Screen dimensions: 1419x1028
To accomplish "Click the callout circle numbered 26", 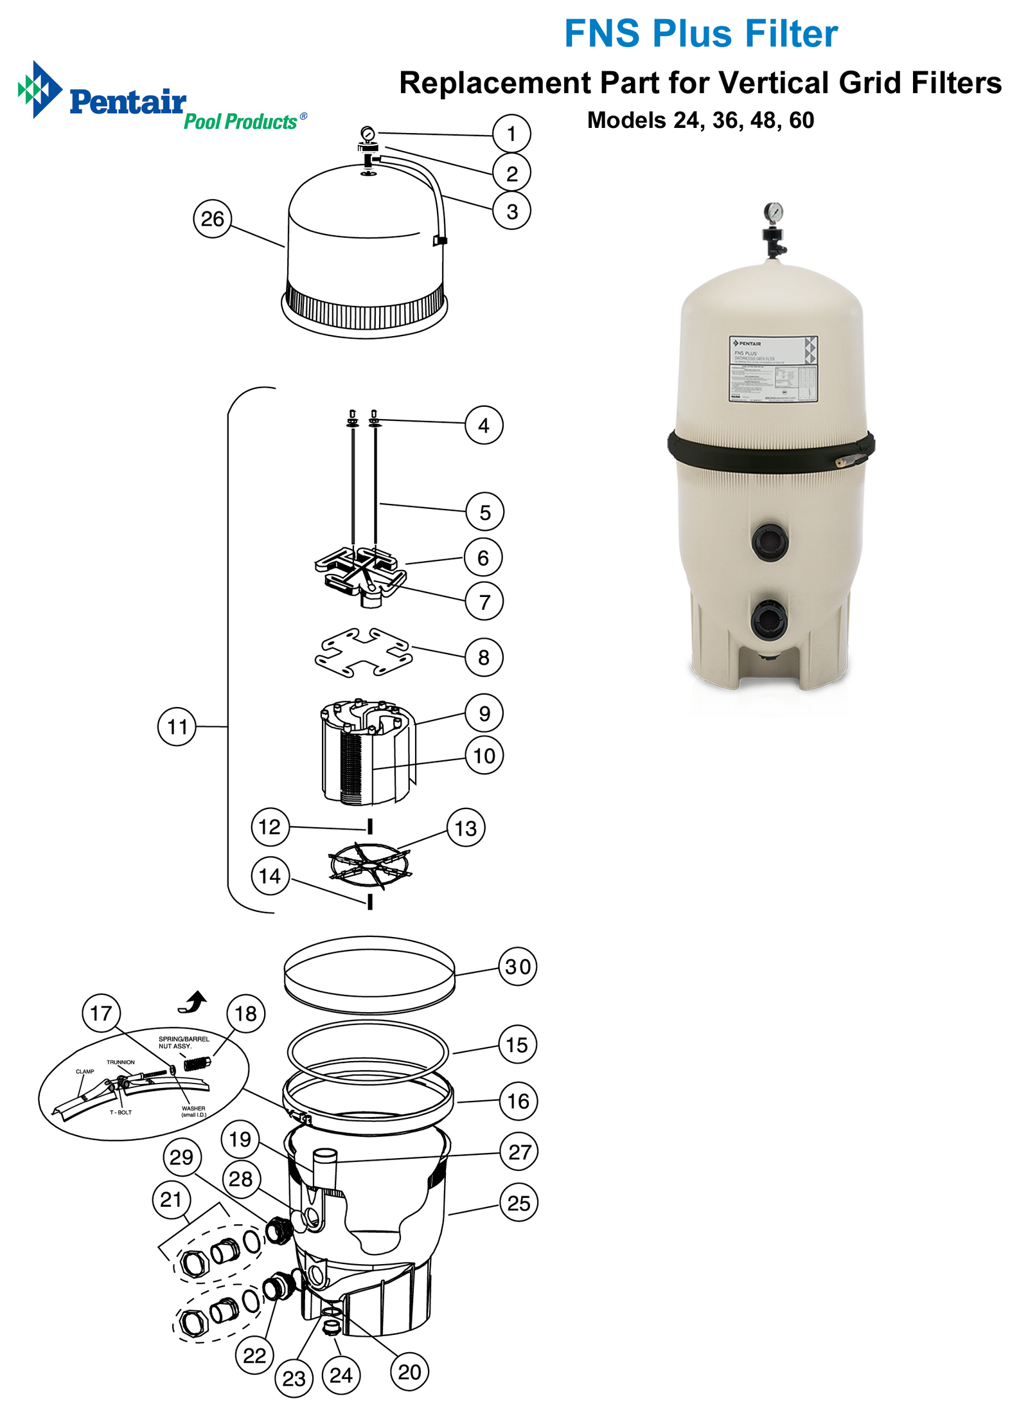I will tap(213, 219).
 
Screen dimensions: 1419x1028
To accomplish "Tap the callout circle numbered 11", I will tap(177, 726).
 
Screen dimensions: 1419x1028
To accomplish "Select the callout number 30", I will tap(518, 966).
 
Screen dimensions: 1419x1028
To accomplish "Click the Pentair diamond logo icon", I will tap(39, 89).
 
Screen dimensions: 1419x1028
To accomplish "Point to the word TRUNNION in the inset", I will tap(121, 1062).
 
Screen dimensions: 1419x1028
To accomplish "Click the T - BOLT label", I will tap(120, 1112).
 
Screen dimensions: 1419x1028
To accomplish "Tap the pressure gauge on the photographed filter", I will tap(774, 212).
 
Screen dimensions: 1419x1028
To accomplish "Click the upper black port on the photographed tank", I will tap(769, 541).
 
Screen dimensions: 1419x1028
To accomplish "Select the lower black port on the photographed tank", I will tap(768, 620).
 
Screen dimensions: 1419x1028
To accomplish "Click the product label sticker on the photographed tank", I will tap(773, 368).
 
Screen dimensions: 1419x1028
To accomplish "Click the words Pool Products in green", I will tap(240, 121).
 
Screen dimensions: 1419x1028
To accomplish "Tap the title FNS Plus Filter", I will tap(700, 33).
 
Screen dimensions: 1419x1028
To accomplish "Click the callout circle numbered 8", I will tap(484, 657).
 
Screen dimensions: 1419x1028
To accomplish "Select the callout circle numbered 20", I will tap(409, 1371).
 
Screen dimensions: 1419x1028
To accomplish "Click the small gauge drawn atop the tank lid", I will tap(367, 134).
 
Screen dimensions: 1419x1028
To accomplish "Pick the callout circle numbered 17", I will tap(101, 1013).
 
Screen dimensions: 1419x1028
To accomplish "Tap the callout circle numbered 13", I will tap(466, 828).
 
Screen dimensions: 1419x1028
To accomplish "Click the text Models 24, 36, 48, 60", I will tap(700, 120).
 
